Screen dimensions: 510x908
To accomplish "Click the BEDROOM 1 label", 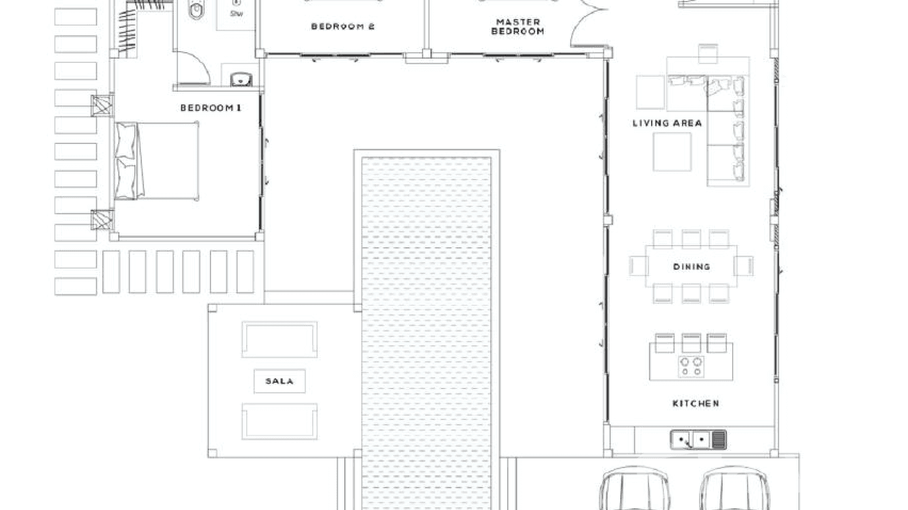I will [210, 108].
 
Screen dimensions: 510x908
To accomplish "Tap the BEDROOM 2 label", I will [342, 27].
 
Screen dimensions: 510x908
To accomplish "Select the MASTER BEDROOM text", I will [518, 27].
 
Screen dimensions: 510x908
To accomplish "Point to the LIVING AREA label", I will [667, 123].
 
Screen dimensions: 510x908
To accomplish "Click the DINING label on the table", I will [691, 267].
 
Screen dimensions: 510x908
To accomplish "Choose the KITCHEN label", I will [696, 404].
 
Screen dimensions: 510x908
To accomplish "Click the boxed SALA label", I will [279, 381].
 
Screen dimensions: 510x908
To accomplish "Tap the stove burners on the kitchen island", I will [691, 366].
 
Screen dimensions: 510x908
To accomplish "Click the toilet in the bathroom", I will [196, 9].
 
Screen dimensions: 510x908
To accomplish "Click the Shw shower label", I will [236, 13].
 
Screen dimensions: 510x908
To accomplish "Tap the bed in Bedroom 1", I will [157, 161].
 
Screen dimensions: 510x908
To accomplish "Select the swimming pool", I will [426, 325].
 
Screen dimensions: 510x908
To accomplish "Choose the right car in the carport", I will [734, 490].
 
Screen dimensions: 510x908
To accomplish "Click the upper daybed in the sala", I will [279, 340].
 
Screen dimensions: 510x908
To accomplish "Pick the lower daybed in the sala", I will [279, 421].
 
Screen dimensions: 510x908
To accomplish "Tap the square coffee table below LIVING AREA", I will [672, 152].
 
